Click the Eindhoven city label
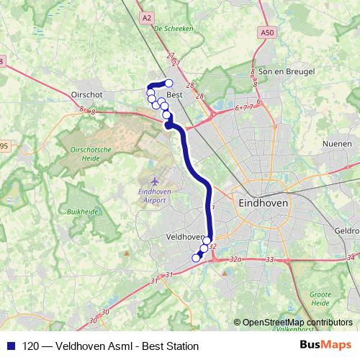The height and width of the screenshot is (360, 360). pyautogui.click(x=263, y=204)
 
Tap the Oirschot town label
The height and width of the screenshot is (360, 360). pyautogui.click(x=89, y=94)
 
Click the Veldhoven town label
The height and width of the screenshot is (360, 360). pyautogui.click(x=185, y=236)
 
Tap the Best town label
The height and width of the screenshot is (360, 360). pyautogui.click(x=174, y=94)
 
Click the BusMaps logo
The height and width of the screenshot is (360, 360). pyautogui.click(x=325, y=346)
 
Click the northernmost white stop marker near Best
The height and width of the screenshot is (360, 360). pyautogui.click(x=169, y=83)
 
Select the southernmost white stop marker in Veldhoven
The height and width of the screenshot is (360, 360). pyautogui.click(x=195, y=258)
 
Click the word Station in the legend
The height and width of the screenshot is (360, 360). pyautogui.click(x=181, y=346)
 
